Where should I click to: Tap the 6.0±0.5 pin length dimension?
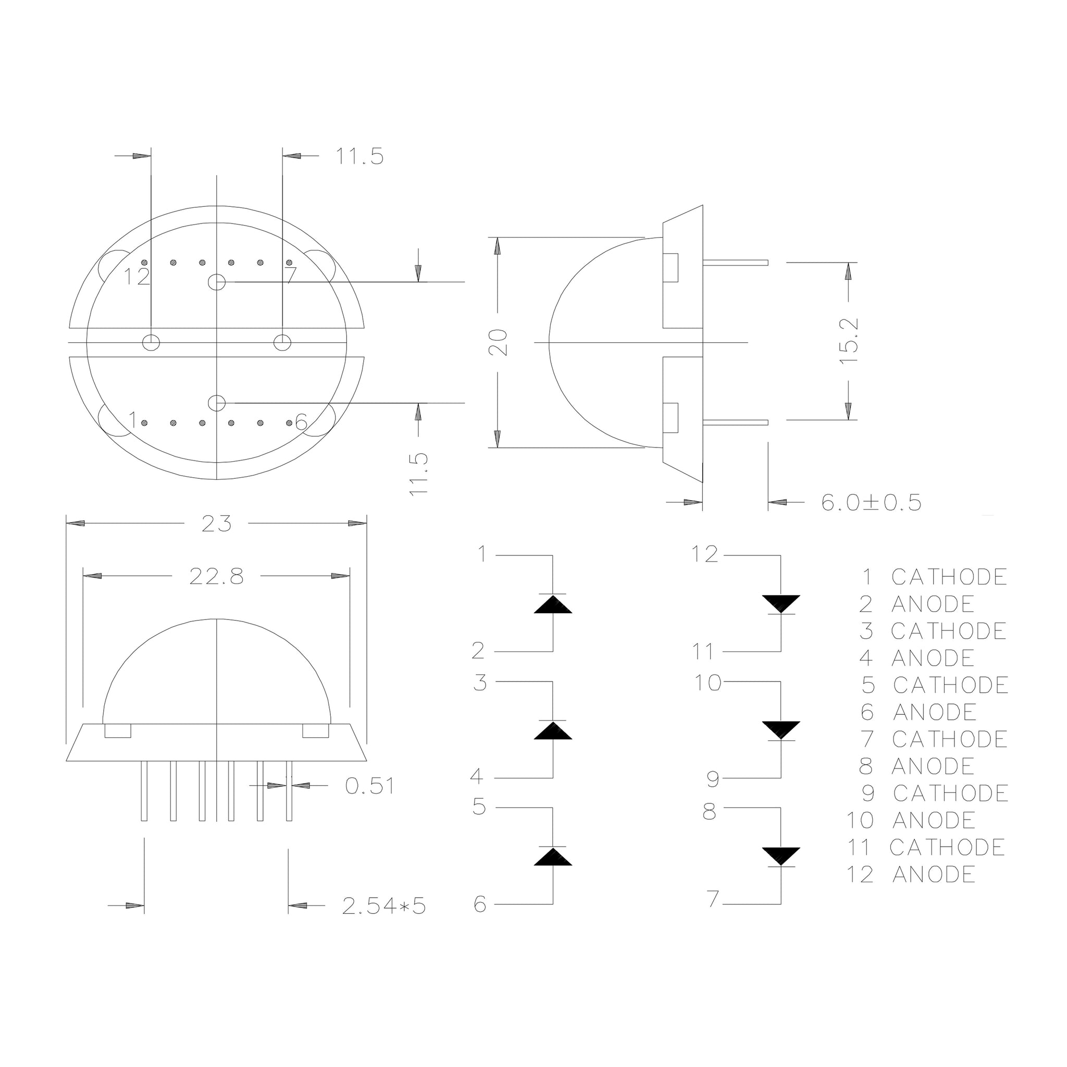872,503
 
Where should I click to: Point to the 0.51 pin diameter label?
369,786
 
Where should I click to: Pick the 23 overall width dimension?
217,524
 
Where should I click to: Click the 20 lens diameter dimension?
498,342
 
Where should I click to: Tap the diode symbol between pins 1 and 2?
553,603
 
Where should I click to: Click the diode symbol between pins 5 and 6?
553,855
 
